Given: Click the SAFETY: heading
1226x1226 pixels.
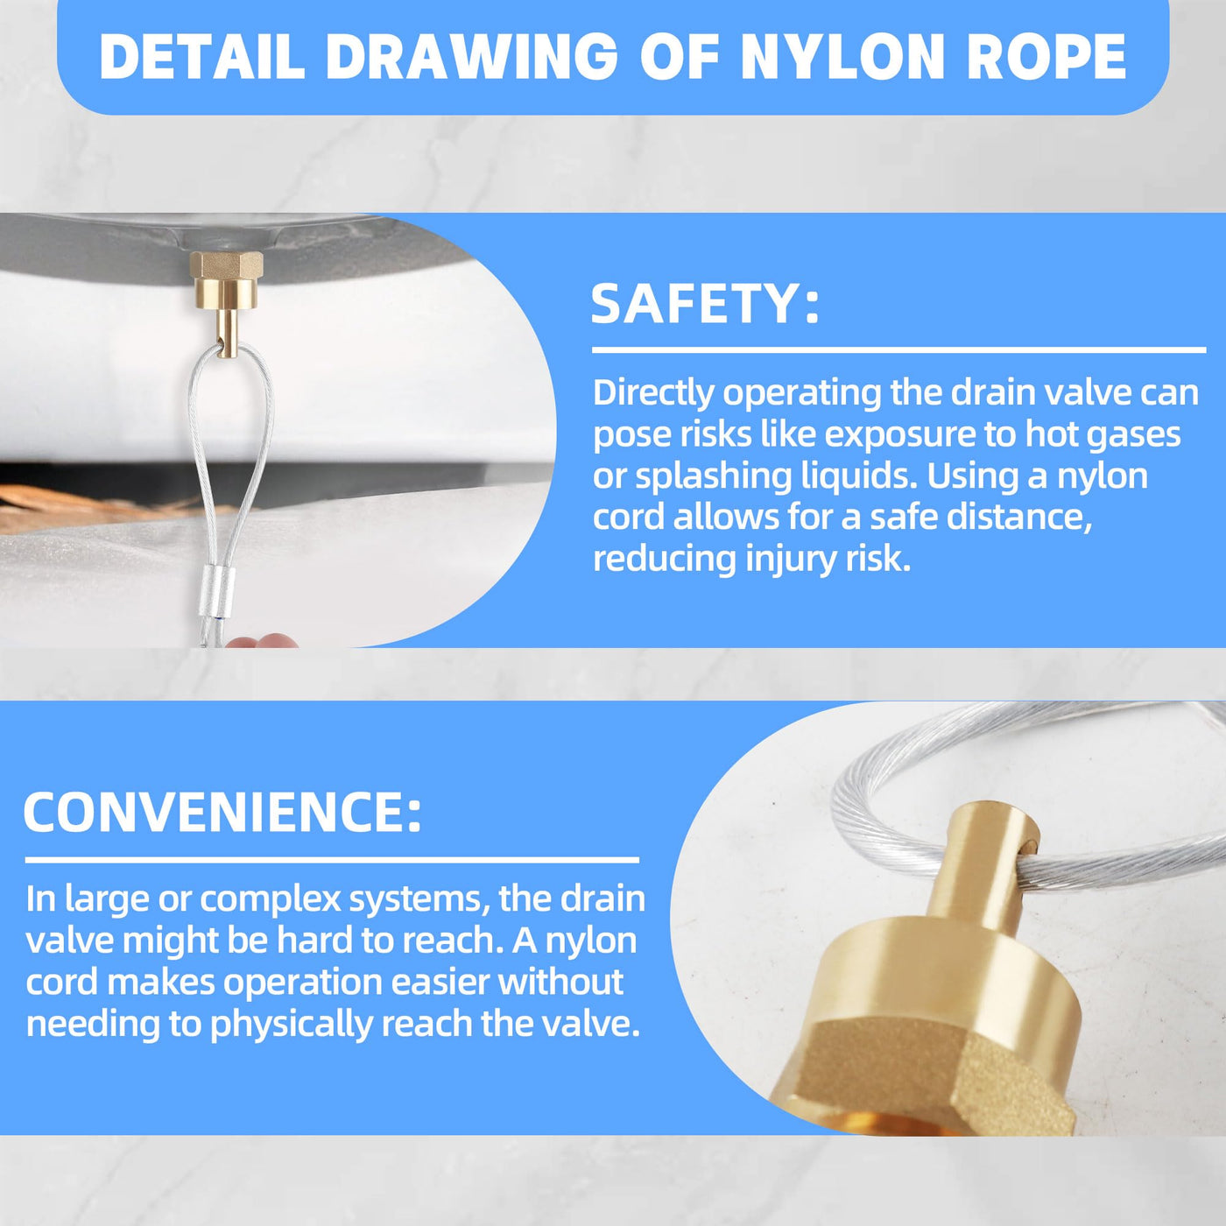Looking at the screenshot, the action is click(705, 304).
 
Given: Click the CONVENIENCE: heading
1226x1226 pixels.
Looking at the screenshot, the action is click(222, 813).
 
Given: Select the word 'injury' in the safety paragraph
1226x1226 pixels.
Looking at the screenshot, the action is click(789, 560).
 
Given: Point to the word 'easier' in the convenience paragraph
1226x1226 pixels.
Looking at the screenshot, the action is click(440, 983).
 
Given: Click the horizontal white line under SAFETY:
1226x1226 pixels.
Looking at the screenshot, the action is click(899, 350).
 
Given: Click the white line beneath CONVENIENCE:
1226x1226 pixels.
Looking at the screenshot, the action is click(332, 860).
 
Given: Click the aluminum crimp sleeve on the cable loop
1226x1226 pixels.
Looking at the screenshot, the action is click(217, 593).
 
